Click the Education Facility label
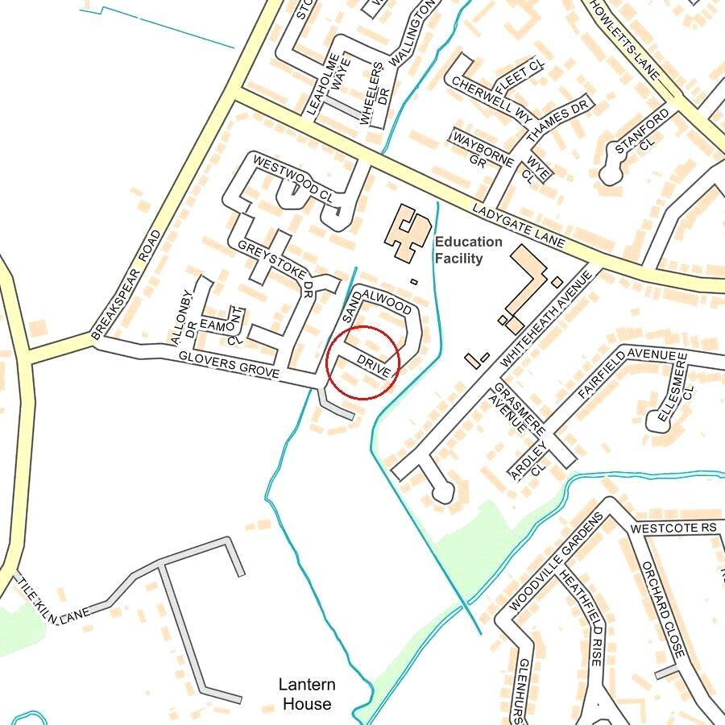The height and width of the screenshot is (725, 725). tap(468, 250)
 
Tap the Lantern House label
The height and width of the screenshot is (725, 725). tap(306, 694)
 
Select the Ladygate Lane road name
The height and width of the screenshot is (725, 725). tap(519, 226)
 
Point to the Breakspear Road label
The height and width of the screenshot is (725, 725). tap(126, 284)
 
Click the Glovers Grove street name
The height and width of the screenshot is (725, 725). tap(229, 365)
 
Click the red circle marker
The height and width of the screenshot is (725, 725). tap(363, 362)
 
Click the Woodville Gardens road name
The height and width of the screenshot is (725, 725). tap(556, 561)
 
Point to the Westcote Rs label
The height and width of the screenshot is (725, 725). tap(673, 528)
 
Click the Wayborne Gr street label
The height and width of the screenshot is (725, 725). tap(482, 150)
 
